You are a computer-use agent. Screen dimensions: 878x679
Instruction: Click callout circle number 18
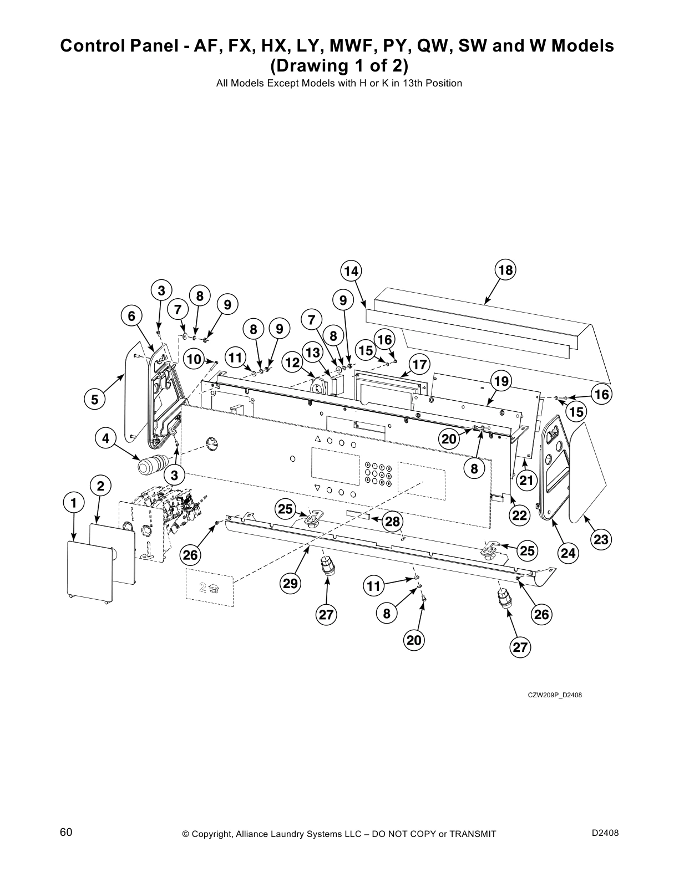[x=505, y=270]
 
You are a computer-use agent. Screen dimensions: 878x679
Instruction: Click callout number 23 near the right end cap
[x=601, y=539]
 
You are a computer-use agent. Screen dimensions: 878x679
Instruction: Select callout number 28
[x=392, y=522]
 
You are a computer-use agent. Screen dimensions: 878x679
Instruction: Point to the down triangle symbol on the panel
[x=317, y=488]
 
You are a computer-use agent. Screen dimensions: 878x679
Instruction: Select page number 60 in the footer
[x=66, y=833]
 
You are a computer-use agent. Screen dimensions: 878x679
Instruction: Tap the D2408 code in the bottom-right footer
[x=605, y=833]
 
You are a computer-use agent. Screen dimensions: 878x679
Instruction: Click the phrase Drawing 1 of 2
[x=338, y=65]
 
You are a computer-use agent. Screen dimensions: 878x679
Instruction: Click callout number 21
[x=526, y=480]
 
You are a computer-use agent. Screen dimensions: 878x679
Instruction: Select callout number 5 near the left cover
[x=94, y=399]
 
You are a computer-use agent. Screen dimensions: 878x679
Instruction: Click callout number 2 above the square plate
[x=100, y=486]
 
